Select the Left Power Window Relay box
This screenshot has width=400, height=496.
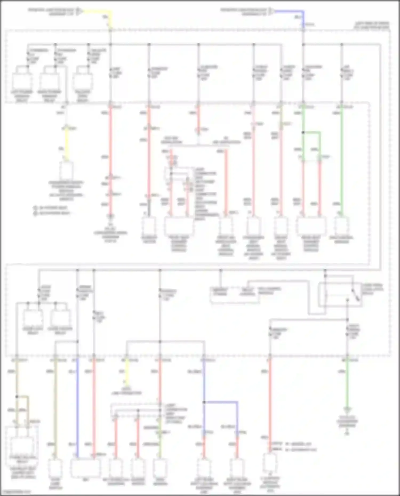click(x=22, y=82)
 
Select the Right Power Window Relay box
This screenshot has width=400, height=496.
click(x=50, y=82)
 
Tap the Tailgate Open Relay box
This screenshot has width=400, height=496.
click(x=83, y=82)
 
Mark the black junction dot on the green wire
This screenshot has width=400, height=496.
click(x=303, y=132)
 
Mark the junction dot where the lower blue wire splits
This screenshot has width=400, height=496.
click(x=204, y=402)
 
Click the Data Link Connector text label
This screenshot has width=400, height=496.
click(x=126, y=391)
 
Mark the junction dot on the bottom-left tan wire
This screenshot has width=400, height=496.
click(x=17, y=397)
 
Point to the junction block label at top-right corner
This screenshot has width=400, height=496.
click(x=372, y=25)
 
